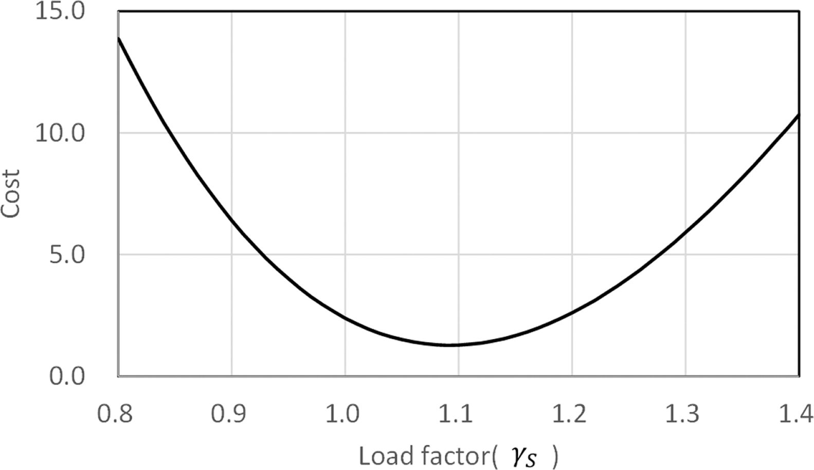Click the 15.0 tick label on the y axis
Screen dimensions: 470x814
pos(59,12)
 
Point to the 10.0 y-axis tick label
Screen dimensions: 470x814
pos(59,133)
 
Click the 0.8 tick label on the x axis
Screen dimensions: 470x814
pos(115,413)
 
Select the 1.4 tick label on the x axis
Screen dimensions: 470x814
pos(796,413)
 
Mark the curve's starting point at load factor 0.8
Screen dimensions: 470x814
pos(119,38)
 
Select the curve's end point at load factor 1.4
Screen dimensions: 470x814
pos(799,115)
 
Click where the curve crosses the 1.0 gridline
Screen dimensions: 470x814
pos(345,319)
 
